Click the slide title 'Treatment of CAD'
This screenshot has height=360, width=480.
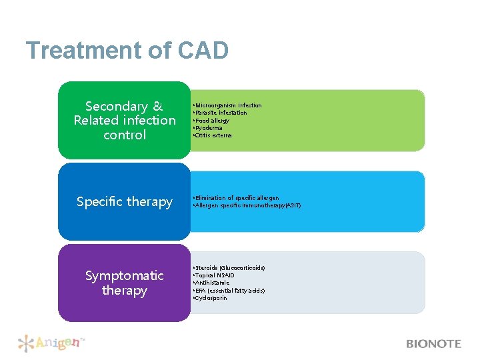[x=127, y=51]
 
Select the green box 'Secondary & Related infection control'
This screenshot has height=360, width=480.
[x=125, y=121]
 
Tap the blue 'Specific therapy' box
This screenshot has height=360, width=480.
[x=125, y=201]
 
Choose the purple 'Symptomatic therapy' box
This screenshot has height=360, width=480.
[x=125, y=283]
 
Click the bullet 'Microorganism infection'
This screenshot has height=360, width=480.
[x=227, y=105]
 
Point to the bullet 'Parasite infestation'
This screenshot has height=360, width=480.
[x=221, y=113]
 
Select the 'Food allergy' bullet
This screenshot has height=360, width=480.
[x=211, y=121]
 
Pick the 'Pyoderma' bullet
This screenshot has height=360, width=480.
[x=209, y=128]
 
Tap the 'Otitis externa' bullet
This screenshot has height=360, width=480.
[x=213, y=135]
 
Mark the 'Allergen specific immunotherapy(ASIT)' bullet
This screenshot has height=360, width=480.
[x=247, y=205]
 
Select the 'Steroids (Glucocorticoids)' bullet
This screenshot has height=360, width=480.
[x=229, y=267]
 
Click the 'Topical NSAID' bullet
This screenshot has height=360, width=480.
[x=214, y=275]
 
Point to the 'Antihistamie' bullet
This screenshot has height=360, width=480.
[x=211, y=283]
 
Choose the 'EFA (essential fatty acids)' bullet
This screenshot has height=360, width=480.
[x=229, y=291]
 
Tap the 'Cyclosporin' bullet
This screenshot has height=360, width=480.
[x=211, y=298]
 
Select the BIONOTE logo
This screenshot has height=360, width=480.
[x=433, y=344]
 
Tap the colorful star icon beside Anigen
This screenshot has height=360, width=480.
[x=26, y=343]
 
